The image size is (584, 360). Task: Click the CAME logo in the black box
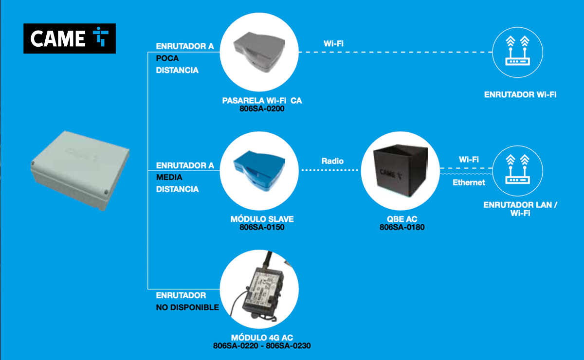(70, 38)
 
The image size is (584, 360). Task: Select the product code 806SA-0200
(262, 109)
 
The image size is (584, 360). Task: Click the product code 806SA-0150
(262, 227)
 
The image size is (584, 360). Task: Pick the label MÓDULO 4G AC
(262, 338)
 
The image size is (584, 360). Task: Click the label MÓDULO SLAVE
(262, 219)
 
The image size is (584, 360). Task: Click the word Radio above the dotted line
(332, 161)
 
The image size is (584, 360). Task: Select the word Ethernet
(469, 182)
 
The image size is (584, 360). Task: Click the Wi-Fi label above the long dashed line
(333, 43)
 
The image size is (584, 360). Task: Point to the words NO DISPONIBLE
(187, 307)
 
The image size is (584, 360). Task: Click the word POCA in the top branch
(167, 58)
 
